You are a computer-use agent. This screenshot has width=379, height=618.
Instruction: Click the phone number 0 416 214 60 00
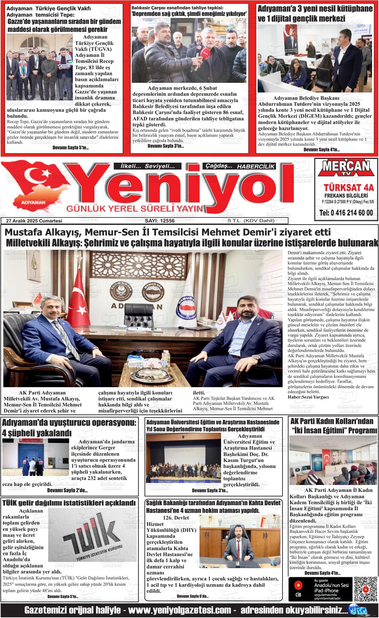(x=346, y=213)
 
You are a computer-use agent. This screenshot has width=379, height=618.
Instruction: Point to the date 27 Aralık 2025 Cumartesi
(x=37, y=221)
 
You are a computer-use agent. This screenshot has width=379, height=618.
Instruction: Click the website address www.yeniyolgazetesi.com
(x=180, y=611)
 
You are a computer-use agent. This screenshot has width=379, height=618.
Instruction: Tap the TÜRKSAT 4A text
(x=346, y=187)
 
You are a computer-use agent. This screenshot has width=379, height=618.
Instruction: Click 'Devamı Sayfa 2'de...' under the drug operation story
(x=67, y=491)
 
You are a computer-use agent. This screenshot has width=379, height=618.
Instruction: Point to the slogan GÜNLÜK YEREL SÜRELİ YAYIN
(x=135, y=209)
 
